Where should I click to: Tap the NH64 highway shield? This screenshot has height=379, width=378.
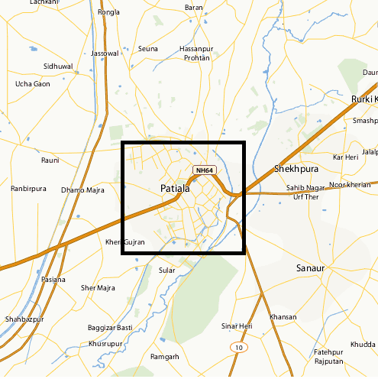pos(204,170)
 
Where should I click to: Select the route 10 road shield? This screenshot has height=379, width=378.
pos(240,347)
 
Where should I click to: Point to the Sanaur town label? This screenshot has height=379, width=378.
pos(310,268)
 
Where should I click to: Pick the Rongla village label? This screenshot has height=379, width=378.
pos(109,12)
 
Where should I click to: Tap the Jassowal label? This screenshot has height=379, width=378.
pos(105,53)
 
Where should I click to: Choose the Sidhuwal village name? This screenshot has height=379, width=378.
pos(58,66)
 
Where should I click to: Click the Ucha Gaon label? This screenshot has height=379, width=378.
pos(33,84)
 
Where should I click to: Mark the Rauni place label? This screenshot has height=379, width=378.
pos(50,160)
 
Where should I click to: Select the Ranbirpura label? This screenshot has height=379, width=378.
pos(28,188)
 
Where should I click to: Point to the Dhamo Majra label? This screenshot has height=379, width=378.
pos(82,189)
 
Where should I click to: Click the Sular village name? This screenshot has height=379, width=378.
pos(166,270)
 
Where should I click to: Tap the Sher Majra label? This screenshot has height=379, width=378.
pos(98,288)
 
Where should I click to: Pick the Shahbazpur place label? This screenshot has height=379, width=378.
pos(24,319)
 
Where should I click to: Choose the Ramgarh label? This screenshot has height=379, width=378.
pos(165,357)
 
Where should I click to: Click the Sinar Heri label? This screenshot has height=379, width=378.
pos(237,326)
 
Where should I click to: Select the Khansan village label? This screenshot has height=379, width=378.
pos(283,316)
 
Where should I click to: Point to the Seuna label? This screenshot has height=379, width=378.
pos(148,49)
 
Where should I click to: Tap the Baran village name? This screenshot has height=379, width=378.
pos(194,8)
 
